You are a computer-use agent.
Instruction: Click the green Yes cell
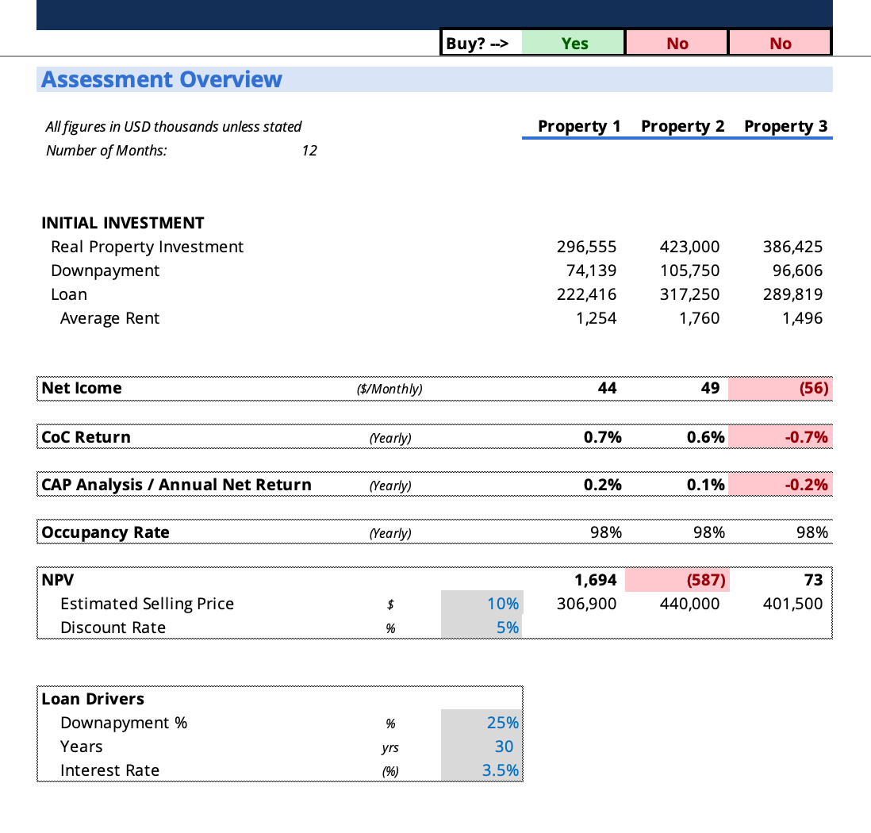574,44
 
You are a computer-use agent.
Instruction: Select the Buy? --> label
477,44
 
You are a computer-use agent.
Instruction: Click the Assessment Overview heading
162,79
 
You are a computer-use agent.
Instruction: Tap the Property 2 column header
682,126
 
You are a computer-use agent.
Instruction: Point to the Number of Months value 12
309,150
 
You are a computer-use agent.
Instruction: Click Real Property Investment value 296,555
587,247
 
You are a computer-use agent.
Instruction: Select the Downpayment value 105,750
690,271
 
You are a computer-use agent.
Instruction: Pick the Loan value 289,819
793,294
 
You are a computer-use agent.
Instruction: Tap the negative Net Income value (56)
814,388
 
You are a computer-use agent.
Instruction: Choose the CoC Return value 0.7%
604,437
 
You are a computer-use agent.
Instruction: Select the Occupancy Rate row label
106,532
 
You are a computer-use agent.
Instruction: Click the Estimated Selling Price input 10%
503,604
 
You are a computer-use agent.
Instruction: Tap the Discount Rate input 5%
508,628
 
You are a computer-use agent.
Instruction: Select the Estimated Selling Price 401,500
793,604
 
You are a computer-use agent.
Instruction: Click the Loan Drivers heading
93,699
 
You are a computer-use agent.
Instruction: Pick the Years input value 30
504,747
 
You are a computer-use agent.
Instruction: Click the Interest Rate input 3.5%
501,770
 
